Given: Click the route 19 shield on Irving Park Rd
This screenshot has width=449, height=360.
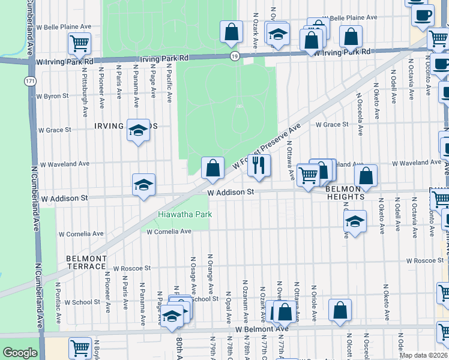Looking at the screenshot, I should click(234, 56).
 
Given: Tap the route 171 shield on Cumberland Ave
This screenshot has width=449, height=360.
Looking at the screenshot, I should click(30, 80).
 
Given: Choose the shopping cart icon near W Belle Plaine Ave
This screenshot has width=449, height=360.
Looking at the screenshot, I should click(79, 43).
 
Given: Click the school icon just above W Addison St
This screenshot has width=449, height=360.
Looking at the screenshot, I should click(143, 185).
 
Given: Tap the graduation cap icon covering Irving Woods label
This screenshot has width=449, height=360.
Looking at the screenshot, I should click(138, 130).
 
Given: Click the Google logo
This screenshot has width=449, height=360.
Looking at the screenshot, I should click(20, 353).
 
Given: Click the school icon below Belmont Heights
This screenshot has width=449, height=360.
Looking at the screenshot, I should click(355, 221).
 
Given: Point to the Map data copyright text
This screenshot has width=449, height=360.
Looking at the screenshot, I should click(423, 355).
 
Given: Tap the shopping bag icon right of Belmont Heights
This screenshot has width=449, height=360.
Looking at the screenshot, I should click(366, 176).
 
